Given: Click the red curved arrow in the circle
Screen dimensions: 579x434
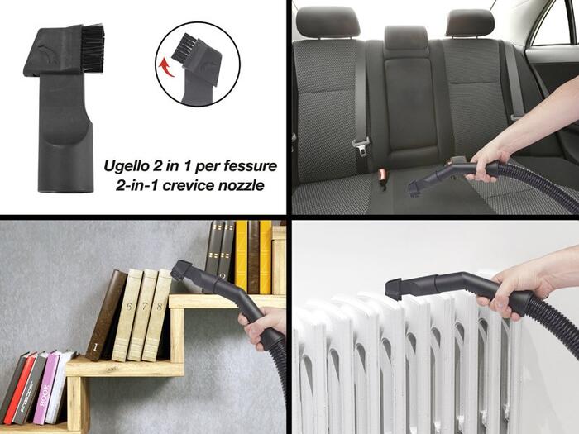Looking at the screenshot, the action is [x=165, y=69].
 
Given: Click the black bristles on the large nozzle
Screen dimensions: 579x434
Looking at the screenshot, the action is [x=93, y=48].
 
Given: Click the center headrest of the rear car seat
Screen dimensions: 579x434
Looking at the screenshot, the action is [x=405, y=38].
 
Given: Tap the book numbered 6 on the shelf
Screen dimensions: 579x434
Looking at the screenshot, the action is [x=127, y=315].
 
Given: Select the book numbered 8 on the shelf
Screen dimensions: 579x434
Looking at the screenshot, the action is [x=158, y=315].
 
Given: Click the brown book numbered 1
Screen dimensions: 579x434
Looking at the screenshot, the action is [x=106, y=316].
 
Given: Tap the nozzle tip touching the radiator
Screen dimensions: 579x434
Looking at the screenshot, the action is [x=395, y=290].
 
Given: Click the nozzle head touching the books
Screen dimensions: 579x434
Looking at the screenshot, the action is [x=181, y=270].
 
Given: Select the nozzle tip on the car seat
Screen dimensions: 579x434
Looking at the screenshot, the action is [x=414, y=190].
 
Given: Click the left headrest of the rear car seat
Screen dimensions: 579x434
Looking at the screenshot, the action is [x=328, y=21].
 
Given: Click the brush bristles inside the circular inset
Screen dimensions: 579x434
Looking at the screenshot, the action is [x=183, y=47].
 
